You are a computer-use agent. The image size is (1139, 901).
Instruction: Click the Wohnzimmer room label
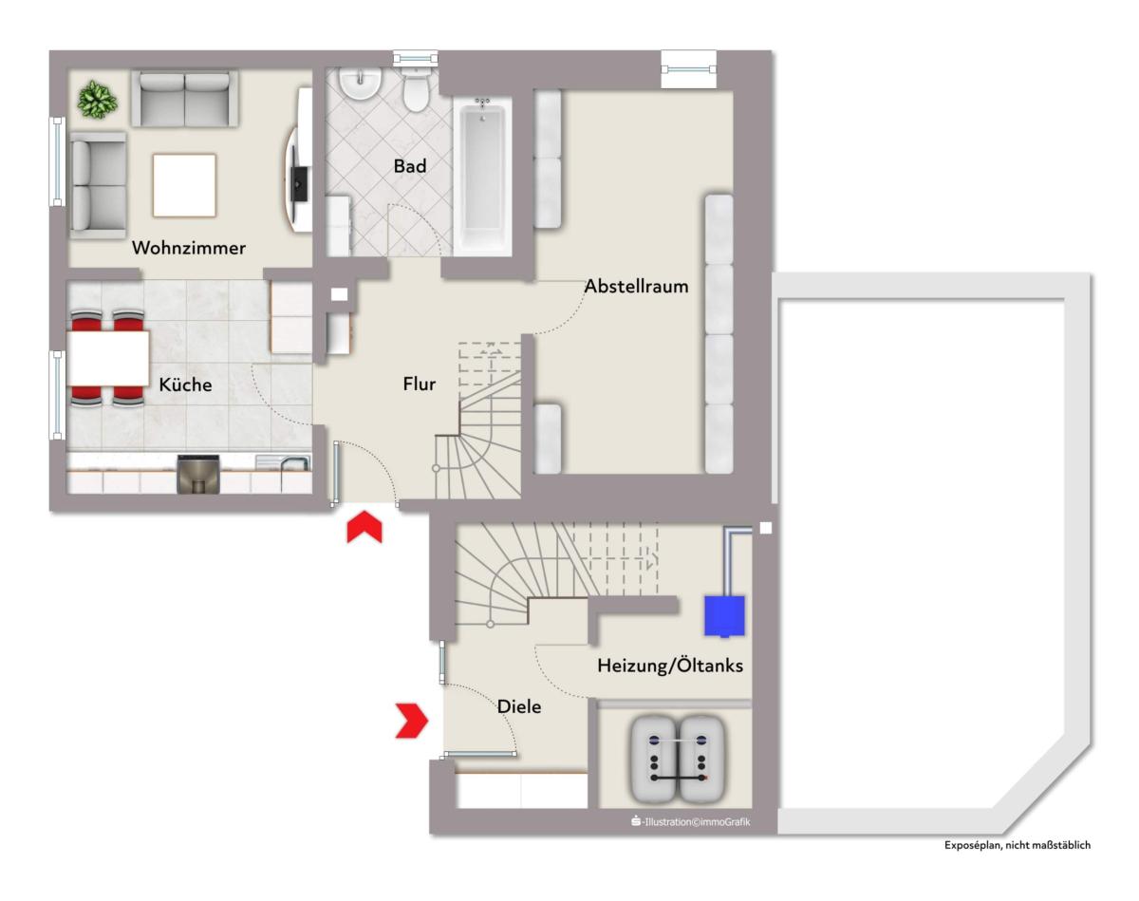(x=189, y=248)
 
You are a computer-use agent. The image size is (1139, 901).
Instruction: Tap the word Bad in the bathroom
(x=410, y=166)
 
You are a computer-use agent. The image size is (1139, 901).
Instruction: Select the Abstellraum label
(x=636, y=287)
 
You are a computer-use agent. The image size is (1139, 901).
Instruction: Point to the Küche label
(x=185, y=385)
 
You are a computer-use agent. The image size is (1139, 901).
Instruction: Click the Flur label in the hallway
(x=420, y=384)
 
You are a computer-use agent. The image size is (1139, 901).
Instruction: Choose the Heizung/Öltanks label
(x=670, y=666)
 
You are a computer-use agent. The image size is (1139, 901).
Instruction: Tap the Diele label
(x=519, y=706)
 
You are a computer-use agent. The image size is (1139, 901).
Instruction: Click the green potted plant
(x=97, y=100)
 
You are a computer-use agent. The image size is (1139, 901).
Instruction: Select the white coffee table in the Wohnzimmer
(x=184, y=185)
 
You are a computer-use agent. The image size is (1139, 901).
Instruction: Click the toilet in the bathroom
(x=416, y=90)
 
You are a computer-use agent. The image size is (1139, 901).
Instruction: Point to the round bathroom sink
(x=360, y=84)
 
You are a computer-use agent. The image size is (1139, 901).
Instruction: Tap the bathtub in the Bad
(x=482, y=176)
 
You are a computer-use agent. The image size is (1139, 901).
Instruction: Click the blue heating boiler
(x=724, y=615)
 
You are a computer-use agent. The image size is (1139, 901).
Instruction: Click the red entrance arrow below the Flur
(x=364, y=527)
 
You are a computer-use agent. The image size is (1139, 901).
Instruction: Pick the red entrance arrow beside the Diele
(x=412, y=721)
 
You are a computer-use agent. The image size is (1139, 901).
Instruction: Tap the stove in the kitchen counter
(x=198, y=475)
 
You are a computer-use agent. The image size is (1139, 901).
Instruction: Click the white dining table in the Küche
(x=108, y=358)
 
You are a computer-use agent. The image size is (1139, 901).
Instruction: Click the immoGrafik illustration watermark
(x=691, y=821)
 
